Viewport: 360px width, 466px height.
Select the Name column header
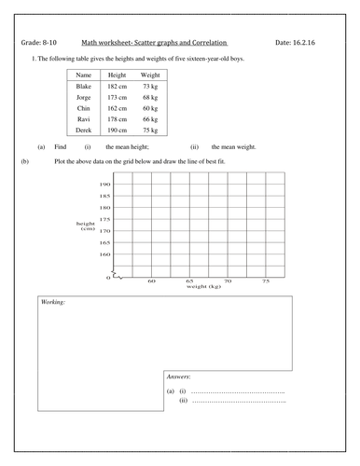[83, 75]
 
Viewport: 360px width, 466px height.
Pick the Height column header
[117, 75]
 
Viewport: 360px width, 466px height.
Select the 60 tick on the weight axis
[151, 281]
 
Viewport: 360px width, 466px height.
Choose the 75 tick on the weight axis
[266, 281]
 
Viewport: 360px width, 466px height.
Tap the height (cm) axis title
[87, 226]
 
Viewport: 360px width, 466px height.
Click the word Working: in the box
[53, 304]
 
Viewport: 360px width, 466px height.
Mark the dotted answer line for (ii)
[237, 402]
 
